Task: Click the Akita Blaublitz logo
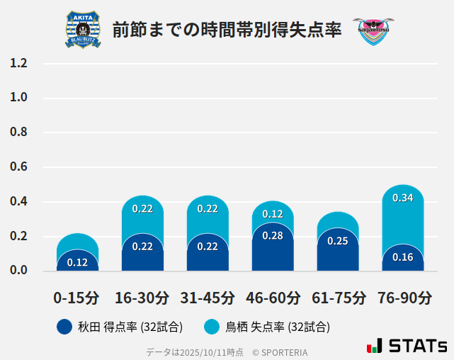pyautogui.click(x=83, y=30)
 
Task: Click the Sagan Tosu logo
pyautogui.click(x=373, y=30)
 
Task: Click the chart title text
pyautogui.click(x=227, y=30)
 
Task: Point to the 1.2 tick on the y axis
pyautogui.click(x=19, y=63)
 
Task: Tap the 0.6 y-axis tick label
pyautogui.click(x=19, y=167)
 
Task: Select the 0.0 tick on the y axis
pyautogui.click(x=19, y=271)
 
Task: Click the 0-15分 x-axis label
pyautogui.click(x=76, y=298)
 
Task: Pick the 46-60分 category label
pyautogui.click(x=273, y=298)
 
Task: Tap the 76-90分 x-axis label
pyautogui.click(x=404, y=298)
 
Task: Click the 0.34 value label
pyautogui.click(x=402, y=198)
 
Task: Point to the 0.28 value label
pyautogui.click(x=273, y=236)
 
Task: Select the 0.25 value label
pyautogui.click(x=337, y=241)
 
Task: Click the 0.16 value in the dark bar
pyautogui.click(x=402, y=257)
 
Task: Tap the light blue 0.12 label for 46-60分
pyautogui.click(x=273, y=214)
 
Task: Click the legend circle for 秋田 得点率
pyautogui.click(x=64, y=327)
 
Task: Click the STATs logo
pyautogui.click(x=407, y=346)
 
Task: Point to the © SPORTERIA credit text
pyautogui.click(x=280, y=352)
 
